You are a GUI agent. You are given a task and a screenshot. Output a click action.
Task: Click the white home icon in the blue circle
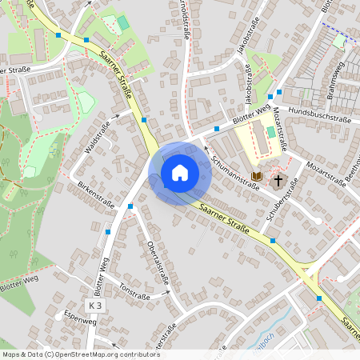coord(180,172)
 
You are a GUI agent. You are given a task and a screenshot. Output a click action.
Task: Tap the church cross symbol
coord(279,180)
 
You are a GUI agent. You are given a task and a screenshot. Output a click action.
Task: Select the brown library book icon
coord(257,176)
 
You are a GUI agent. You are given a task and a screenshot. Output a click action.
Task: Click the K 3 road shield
coord(96,306)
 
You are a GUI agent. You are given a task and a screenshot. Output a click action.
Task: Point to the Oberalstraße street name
coord(157,263)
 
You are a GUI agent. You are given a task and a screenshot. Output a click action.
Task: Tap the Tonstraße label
coord(134,290)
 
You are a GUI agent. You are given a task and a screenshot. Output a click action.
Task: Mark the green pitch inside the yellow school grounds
coord(270,131)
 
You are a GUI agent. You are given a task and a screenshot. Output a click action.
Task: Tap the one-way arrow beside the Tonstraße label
coord(169,294)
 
